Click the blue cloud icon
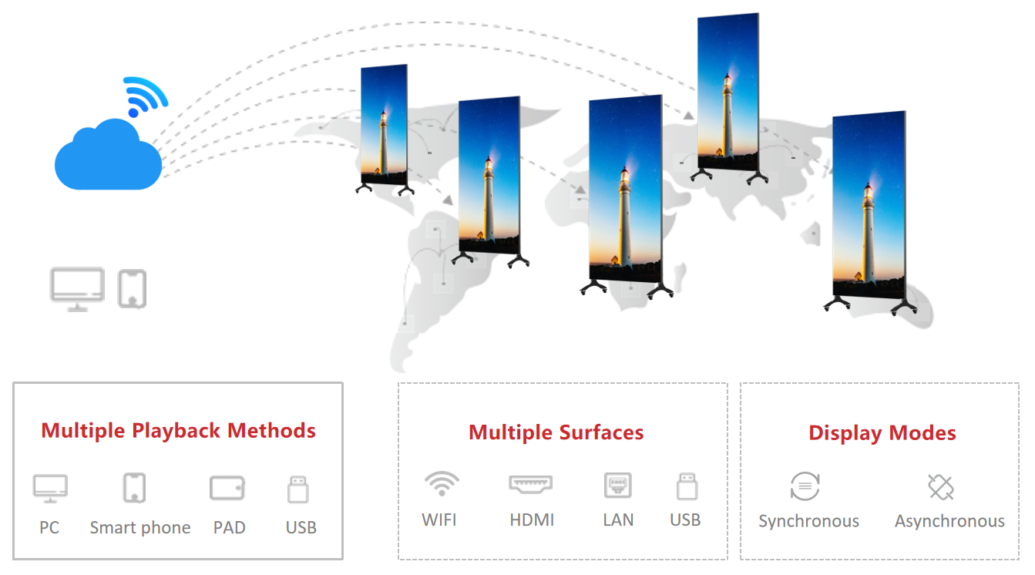108,155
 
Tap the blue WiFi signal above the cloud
146,96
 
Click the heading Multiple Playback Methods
178,431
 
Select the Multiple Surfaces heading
556,432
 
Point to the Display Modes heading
882,433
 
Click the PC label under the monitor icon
49,527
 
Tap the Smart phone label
140,527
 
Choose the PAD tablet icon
227,488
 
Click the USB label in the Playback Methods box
301,527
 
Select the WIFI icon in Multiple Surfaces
442,484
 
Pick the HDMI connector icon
530,484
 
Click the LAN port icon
618,486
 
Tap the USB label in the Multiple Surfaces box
685,520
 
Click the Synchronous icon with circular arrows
805,486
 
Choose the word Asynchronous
949,521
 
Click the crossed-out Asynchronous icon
941,487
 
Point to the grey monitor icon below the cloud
77,290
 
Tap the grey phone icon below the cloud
132,289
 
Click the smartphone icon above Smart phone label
134,488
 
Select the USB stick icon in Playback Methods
297,489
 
